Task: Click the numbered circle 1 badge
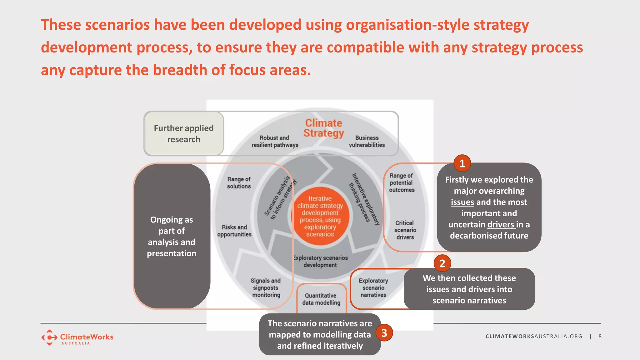click(462, 163)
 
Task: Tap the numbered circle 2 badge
click(442, 263)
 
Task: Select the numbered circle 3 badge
click(384, 333)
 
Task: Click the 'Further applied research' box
click(184, 133)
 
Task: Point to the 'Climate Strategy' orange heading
click(324, 128)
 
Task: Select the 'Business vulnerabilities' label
click(367, 141)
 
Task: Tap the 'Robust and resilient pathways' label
click(275, 141)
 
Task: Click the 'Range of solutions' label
click(239, 182)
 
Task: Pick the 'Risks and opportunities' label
click(234, 231)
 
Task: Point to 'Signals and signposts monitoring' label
click(266, 287)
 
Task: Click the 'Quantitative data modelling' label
click(321, 299)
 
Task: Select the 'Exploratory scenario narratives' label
click(373, 287)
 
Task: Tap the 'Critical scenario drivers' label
click(405, 230)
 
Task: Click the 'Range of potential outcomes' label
click(402, 182)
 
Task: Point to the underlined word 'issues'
click(462, 202)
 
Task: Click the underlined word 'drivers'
click(501, 225)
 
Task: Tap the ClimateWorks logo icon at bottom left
click(49, 337)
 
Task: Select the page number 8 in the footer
click(600, 336)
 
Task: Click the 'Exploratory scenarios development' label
click(320, 261)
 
